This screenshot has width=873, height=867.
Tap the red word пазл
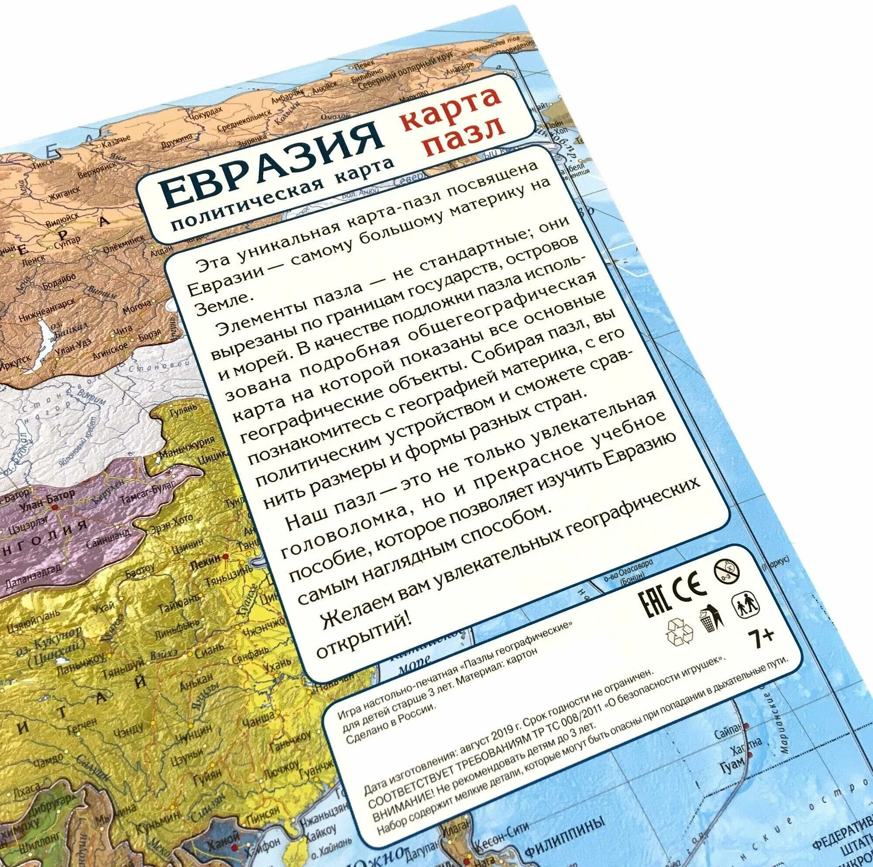465,133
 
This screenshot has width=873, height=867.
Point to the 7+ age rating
760,637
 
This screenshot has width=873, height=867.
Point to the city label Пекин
205,558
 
